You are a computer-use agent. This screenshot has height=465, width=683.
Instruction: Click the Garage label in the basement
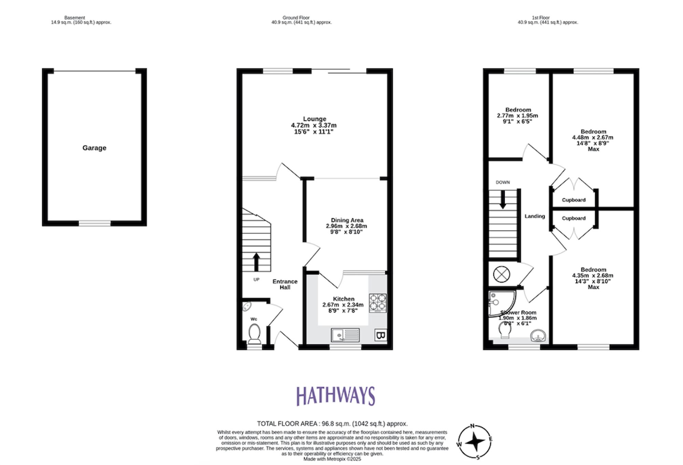coord(94,148)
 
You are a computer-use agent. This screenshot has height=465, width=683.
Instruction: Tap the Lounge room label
coord(315,119)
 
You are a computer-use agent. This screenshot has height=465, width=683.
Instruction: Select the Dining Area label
coord(347,220)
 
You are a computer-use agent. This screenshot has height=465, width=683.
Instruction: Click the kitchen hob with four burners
coord(378,303)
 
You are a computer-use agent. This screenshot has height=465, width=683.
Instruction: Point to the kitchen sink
coord(345,335)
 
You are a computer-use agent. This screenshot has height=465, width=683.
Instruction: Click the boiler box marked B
coord(381,335)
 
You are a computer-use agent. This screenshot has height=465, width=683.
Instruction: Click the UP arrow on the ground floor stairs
coord(256,261)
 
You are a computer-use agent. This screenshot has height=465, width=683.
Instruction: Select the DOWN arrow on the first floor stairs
coord(503,200)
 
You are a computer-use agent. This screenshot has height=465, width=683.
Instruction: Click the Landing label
coord(534,216)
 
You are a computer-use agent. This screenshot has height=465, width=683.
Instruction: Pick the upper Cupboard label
coord(573,200)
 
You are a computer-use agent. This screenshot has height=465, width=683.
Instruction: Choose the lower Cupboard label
coord(573,218)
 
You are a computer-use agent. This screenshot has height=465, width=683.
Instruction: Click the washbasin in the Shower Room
coord(538,336)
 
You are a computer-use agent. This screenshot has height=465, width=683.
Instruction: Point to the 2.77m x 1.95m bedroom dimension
coord(517,116)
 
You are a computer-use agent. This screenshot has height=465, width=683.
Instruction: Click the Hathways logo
coord(335,396)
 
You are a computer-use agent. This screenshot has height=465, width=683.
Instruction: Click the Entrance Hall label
coord(285,284)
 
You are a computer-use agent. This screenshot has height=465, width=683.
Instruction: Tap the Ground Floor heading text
coord(296,18)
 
